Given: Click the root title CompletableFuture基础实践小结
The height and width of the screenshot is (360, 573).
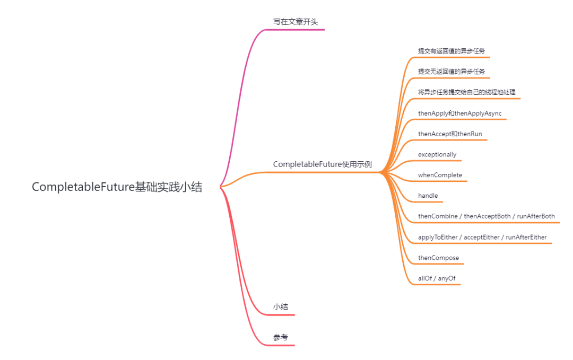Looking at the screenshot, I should point(117,187).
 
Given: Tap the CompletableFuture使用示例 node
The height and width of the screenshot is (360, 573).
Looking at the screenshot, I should point(322,164).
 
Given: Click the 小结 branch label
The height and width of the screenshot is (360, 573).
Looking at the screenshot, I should point(281,307).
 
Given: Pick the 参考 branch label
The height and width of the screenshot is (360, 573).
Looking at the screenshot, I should point(281,338).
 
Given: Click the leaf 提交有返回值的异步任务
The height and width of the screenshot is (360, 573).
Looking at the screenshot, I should point(452,51).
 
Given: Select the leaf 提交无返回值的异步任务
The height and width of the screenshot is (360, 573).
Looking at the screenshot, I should point(452,72).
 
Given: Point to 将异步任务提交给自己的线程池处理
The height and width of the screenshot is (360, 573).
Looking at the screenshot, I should point(466,92).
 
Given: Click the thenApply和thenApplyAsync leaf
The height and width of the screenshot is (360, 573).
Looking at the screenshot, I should point(459,113).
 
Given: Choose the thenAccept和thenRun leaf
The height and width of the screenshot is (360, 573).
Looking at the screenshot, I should point(450,134).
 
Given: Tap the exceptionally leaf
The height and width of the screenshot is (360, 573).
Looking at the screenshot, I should point(437,154).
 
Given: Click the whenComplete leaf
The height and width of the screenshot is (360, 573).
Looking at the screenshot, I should point(440,175).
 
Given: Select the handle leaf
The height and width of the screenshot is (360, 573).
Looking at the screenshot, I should point(428,196).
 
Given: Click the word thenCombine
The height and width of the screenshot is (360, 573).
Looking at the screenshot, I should point(438,216).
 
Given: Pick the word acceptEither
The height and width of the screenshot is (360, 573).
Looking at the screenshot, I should point(482,237).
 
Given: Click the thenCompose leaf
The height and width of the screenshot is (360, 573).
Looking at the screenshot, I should point(438,258).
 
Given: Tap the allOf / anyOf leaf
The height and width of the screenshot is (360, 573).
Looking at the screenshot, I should point(437,278).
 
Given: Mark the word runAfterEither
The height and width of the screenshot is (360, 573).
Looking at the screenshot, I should point(526,237).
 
